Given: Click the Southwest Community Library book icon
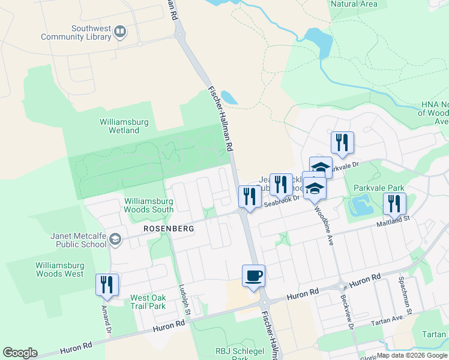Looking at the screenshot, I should click(120, 31).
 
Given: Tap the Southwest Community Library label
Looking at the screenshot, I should click(76, 32).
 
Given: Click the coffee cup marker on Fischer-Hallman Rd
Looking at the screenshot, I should click(253, 276).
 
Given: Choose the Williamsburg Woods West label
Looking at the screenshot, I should click(59, 269).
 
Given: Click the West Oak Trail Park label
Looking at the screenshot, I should click(148, 302).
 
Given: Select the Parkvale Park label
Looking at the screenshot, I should click(372, 187).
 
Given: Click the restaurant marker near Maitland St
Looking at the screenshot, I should click(394, 203).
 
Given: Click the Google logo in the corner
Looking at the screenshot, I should click(20, 353).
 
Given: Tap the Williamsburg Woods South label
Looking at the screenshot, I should click(149, 205).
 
